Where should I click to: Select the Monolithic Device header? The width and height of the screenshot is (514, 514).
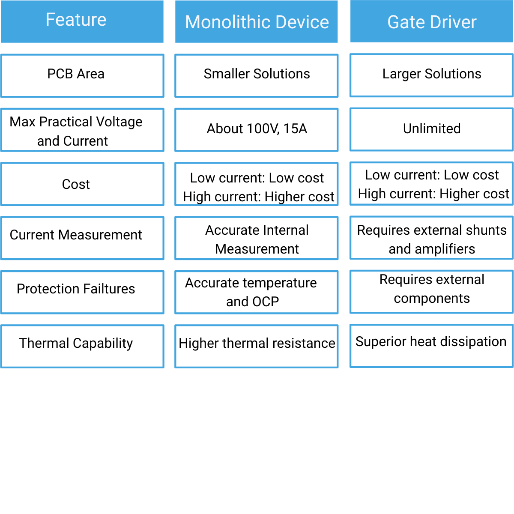coord(257,22)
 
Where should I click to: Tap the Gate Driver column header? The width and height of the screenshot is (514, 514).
coord(431,22)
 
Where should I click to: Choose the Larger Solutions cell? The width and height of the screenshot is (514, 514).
coord(431,75)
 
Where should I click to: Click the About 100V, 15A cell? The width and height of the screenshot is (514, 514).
coord(257,130)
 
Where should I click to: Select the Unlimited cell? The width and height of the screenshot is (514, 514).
coord(431,129)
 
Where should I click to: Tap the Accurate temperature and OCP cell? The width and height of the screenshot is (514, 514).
coord(257,292)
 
